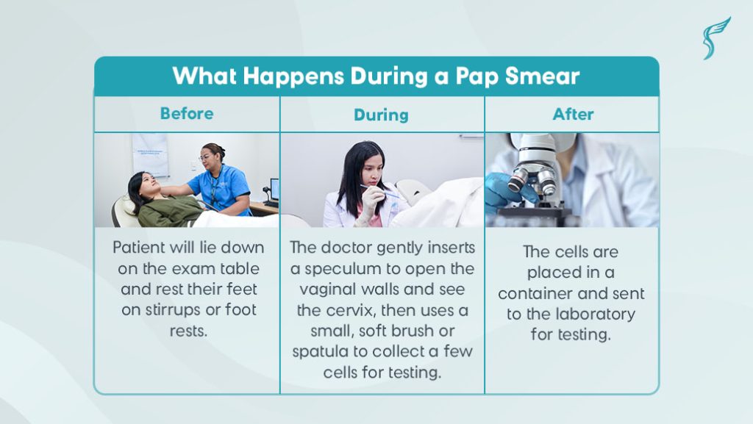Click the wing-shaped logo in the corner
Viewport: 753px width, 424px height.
tap(716, 38)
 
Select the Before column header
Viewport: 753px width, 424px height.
tap(187, 114)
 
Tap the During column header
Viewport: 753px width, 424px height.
tap(382, 115)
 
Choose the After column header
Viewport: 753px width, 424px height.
tap(573, 114)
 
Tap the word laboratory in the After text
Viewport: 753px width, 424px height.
tap(595, 315)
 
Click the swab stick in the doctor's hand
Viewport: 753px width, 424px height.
tap(380, 191)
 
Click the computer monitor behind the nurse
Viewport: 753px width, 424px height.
tap(275, 190)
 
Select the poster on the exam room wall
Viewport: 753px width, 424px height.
tap(150, 154)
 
